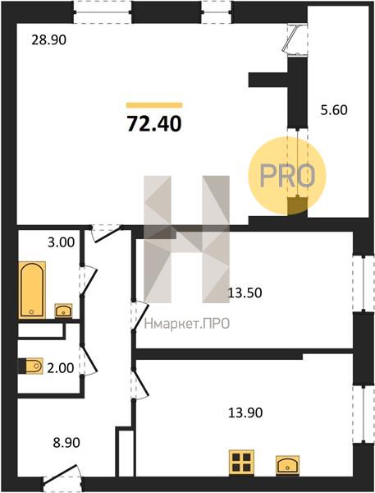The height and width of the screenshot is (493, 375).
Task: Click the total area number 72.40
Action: coord(154,123)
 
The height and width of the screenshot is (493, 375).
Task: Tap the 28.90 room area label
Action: coord(49,40)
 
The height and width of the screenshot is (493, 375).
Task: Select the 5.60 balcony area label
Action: coord(334,110)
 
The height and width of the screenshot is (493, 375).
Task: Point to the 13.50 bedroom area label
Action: coord(245,293)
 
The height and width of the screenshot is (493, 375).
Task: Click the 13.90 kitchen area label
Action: coord(245,412)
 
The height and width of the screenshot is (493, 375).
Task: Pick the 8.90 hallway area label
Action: coord(66,443)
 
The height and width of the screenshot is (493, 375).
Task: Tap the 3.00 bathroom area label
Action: coord(62,242)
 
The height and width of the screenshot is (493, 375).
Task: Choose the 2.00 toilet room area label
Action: coord(60,367)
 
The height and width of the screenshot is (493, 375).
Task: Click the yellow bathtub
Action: coord(32,290)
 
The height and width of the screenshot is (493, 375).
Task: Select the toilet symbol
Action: coord(31,366)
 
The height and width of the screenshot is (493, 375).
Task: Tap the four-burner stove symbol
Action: coord(241,462)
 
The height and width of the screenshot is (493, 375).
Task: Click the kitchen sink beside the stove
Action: coord(287,465)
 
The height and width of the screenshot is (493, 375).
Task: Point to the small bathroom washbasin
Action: coord(64,311)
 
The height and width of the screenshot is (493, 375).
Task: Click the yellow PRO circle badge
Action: coord(287,176)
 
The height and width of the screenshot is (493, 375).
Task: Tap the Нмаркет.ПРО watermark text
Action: coord(187,324)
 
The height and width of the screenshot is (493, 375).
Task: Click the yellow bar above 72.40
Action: coord(154,105)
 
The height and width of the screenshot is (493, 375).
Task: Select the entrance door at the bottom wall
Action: coord(63,477)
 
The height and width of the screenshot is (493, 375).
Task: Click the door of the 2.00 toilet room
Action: coord(89,360)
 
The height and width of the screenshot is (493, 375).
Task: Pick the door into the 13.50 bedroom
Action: coord(139,316)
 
